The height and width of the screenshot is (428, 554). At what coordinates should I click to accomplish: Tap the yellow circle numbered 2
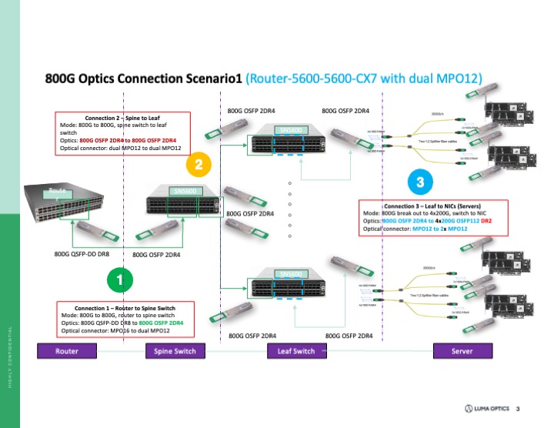199,164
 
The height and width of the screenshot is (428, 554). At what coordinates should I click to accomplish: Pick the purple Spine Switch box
171,351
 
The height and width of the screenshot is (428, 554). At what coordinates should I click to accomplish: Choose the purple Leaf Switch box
291,351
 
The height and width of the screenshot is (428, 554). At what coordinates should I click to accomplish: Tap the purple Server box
463,351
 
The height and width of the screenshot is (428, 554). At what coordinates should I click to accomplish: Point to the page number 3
518,407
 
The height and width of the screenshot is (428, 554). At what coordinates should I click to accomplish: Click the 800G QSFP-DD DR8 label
82,252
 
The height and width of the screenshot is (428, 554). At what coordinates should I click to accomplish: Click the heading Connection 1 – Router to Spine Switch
127,307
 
